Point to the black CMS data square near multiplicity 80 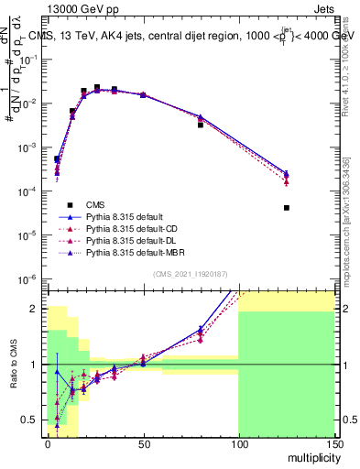coord(201,125)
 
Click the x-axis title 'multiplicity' coord(311,455)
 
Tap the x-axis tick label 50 coord(143,442)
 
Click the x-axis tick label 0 coord(48,442)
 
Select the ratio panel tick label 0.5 coord(31,420)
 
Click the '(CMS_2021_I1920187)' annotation coord(190,274)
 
